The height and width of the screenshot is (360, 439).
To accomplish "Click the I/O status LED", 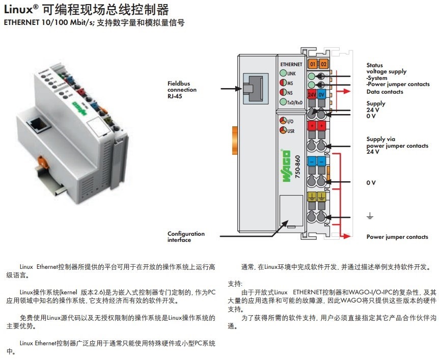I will point(283,121).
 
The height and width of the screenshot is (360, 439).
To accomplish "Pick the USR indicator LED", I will point(283,131).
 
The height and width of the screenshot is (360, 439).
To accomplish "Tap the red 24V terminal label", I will point(312,95).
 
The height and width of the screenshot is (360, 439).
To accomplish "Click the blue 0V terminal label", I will point(322,95).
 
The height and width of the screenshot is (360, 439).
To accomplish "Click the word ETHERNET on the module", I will point(291,64).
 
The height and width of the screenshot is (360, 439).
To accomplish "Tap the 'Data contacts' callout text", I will point(385,92).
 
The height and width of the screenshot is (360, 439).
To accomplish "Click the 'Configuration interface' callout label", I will point(186,237).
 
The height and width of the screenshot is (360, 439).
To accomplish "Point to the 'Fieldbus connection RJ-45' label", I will point(182,89).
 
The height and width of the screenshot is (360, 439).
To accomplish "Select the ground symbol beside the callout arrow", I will point(370,216).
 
